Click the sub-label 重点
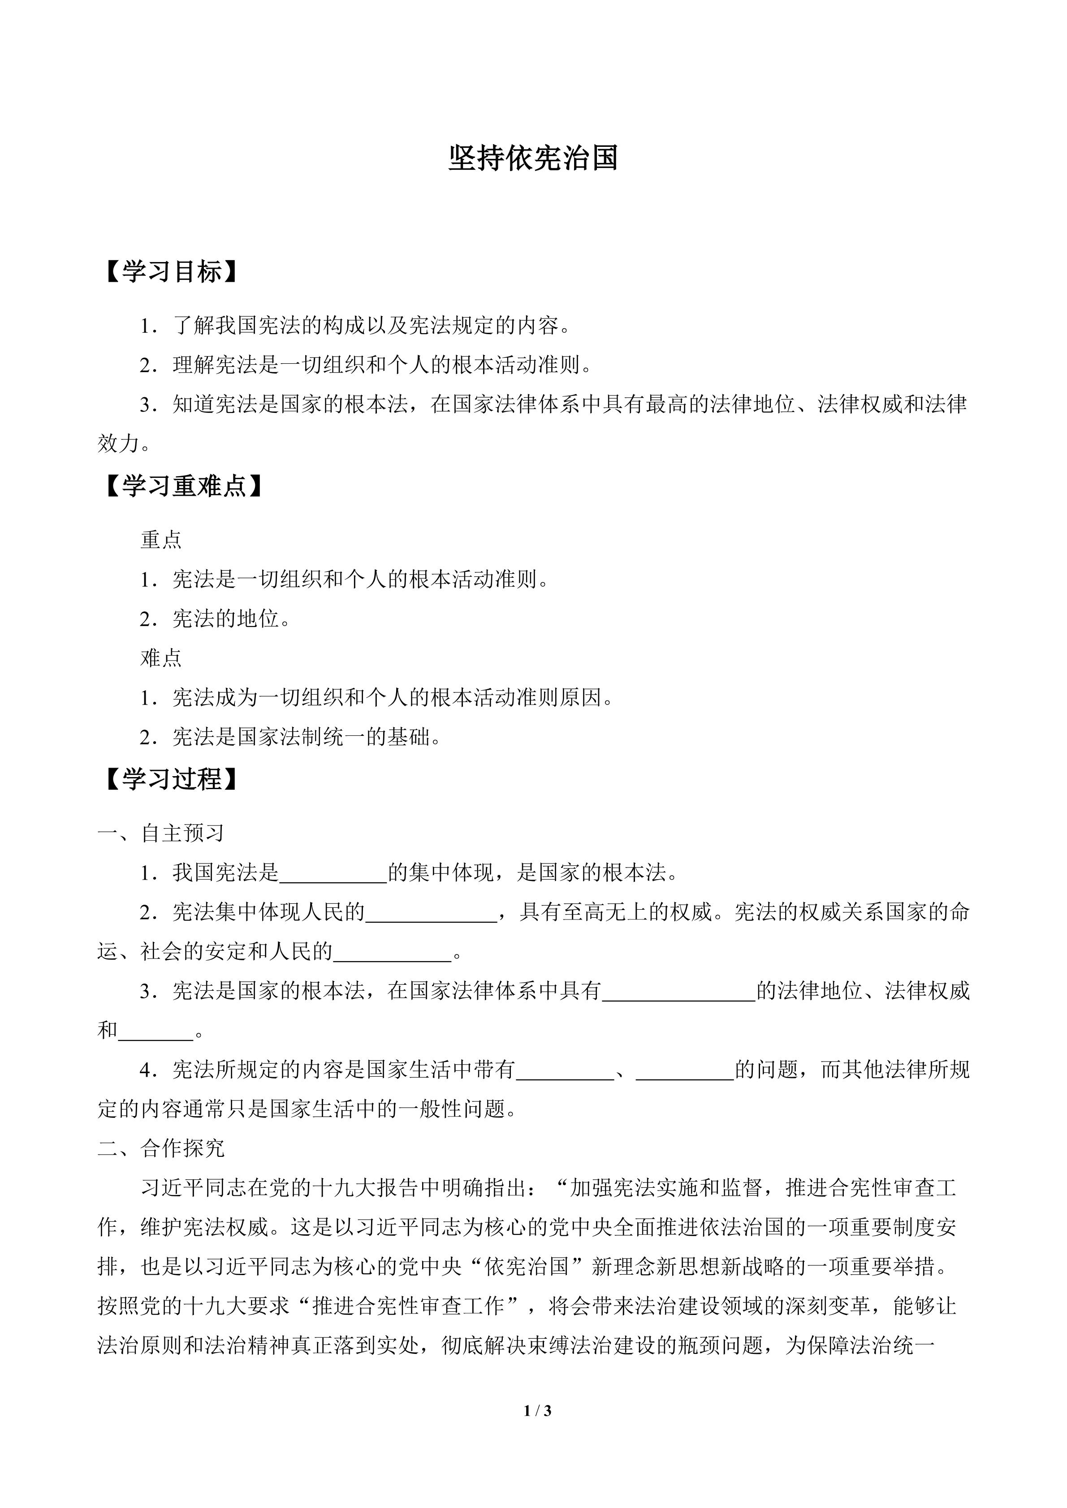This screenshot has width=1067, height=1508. click(161, 540)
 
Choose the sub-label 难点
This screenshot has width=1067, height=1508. click(161, 658)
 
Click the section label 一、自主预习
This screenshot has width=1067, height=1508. click(161, 833)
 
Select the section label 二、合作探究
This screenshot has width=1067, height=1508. click(161, 1148)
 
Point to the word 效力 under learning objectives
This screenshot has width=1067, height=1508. click(118, 444)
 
